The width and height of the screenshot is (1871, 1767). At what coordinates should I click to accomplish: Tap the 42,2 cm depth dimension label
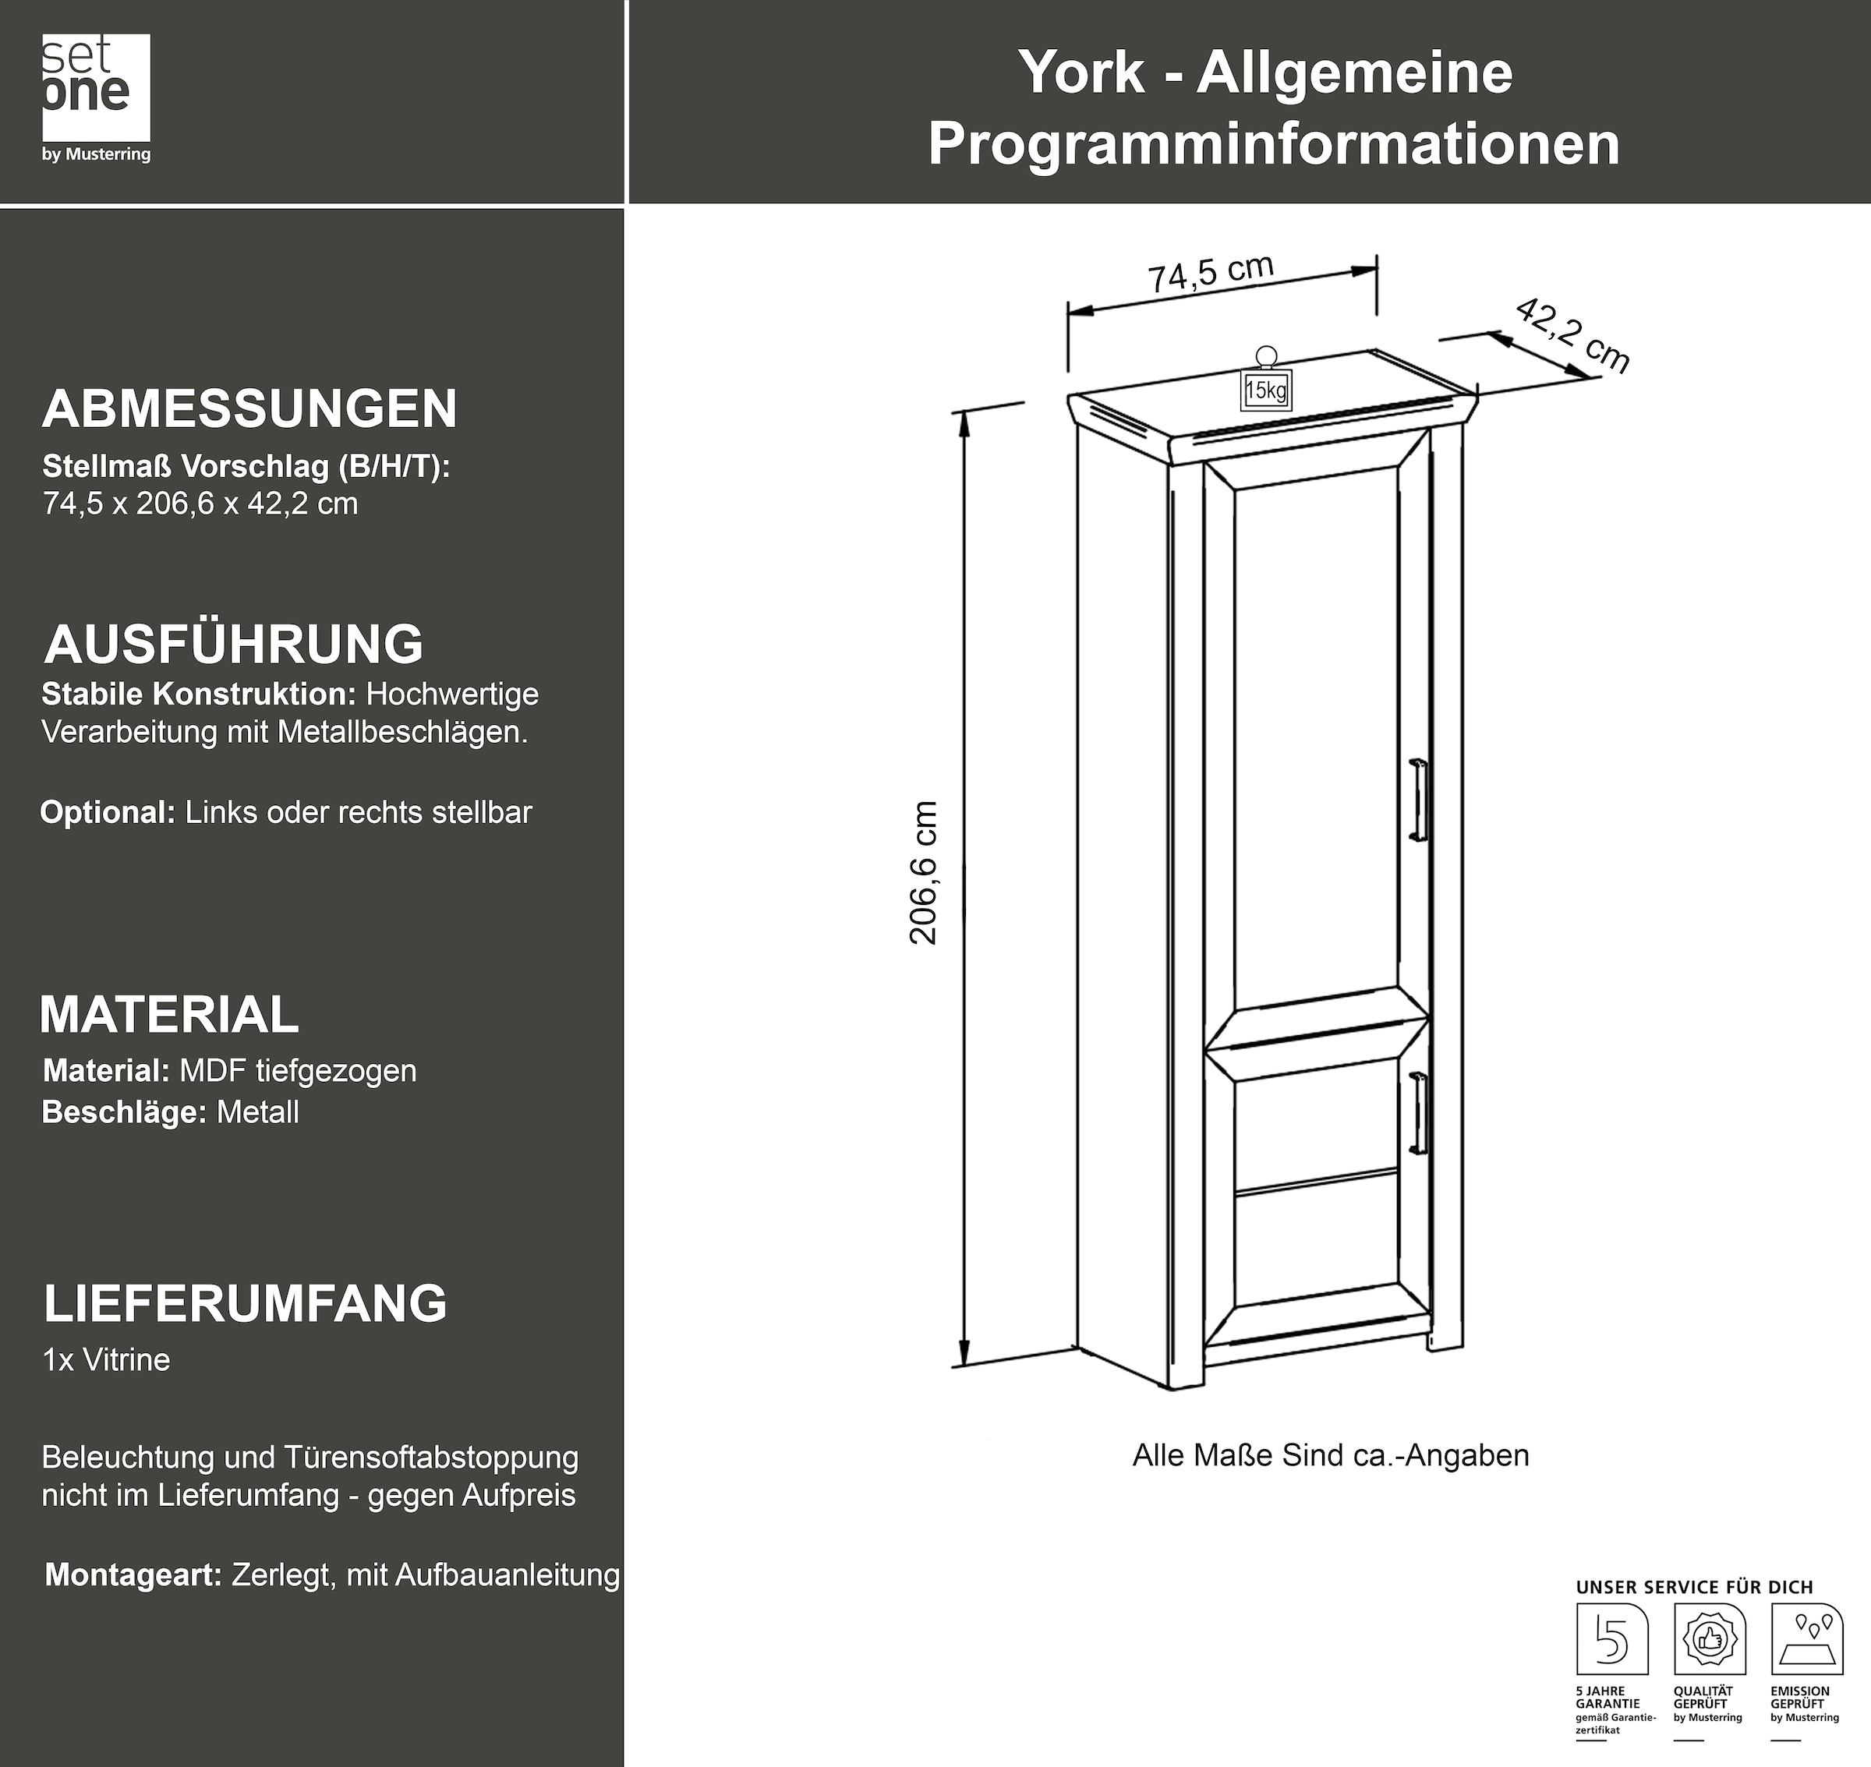(x=1572, y=335)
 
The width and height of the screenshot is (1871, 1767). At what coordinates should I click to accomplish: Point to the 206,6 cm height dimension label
(x=924, y=872)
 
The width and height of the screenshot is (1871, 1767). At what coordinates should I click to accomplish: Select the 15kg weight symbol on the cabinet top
(x=1265, y=380)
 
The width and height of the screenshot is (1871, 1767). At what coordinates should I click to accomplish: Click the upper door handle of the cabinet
(x=1418, y=799)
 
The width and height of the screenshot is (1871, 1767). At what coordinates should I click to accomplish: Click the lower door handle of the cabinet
(x=1420, y=1112)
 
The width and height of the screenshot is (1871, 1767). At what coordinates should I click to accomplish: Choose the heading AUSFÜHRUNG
(x=235, y=645)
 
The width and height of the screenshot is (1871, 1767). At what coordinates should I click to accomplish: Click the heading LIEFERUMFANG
(x=245, y=1303)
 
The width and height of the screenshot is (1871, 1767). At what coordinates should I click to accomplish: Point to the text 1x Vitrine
(x=107, y=1360)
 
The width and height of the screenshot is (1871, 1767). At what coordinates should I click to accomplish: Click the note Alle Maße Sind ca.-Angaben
(x=1330, y=1455)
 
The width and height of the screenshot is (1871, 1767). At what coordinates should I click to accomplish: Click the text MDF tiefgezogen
(x=298, y=1071)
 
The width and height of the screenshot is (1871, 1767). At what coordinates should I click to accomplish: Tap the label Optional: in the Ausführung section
(x=108, y=812)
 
